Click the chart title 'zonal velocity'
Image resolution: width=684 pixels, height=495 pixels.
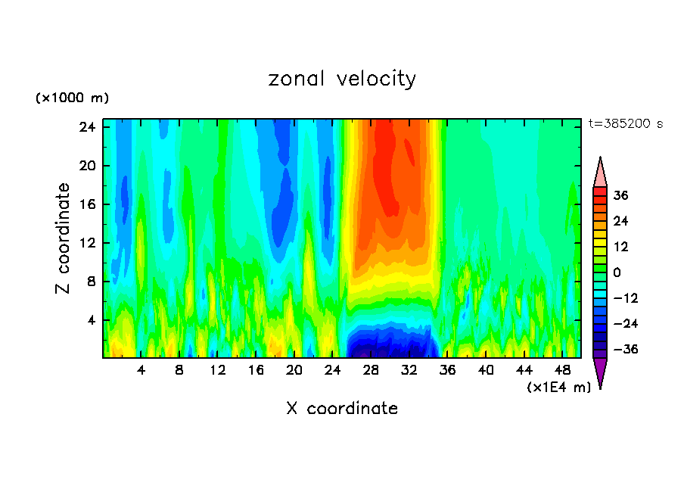[x=342, y=79]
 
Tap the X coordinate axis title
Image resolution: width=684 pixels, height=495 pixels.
[x=342, y=409]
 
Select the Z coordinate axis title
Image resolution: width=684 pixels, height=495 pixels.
[x=64, y=238]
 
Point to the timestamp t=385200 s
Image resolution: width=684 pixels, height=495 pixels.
[x=625, y=123]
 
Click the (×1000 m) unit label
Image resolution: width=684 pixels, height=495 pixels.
[x=72, y=98]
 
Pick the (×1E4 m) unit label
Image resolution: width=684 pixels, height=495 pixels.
[x=558, y=388]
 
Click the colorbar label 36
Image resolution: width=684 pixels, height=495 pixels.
[x=620, y=195]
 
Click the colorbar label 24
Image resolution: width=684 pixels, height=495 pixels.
[x=620, y=221]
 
